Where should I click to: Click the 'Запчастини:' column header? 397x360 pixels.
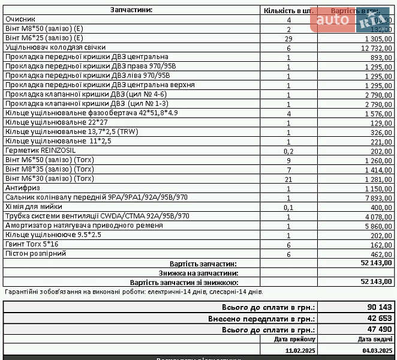131,10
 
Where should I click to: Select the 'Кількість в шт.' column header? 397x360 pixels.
288,11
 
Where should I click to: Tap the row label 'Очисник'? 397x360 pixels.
21,19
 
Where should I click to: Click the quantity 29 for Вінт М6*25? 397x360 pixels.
288,38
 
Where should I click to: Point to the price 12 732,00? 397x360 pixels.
375,48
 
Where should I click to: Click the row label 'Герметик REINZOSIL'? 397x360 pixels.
40,150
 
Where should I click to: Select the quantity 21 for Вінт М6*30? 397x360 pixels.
288,179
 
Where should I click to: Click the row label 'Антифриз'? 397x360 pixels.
23,188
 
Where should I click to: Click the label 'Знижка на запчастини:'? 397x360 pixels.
197,273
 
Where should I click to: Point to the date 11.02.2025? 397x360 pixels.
300,350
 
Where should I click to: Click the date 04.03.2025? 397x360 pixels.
378,350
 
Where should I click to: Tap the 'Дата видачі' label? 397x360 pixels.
378,340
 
